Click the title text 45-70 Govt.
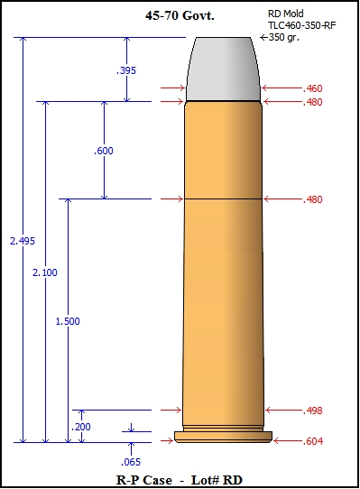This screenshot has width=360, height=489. click(180, 15)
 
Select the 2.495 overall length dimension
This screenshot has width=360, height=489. click(23, 241)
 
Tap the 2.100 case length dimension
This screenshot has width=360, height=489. click(45, 272)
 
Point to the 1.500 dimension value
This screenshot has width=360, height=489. click(68, 321)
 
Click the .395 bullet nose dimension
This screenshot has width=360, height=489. click(126, 70)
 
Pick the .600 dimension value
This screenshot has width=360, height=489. click(104, 151)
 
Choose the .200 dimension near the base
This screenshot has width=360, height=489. click(81, 427)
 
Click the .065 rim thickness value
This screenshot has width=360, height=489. click(131, 462)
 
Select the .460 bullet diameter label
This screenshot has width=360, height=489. click(312, 88)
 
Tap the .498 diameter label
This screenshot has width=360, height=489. click(312, 411)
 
